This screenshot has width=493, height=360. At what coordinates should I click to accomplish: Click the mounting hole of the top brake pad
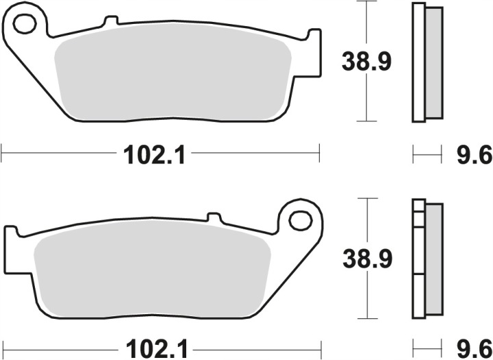[x=25, y=24]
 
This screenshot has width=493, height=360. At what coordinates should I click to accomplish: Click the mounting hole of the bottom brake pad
[x=301, y=221]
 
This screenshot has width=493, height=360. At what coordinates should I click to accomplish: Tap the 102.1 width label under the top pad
[x=154, y=155]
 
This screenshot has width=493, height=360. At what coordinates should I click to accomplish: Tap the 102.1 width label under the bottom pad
[x=156, y=349]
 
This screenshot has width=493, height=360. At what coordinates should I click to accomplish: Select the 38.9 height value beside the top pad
[x=366, y=62]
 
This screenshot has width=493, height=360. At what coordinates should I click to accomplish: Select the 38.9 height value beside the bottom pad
[x=368, y=259]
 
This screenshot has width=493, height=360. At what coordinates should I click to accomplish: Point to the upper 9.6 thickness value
[x=475, y=155]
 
